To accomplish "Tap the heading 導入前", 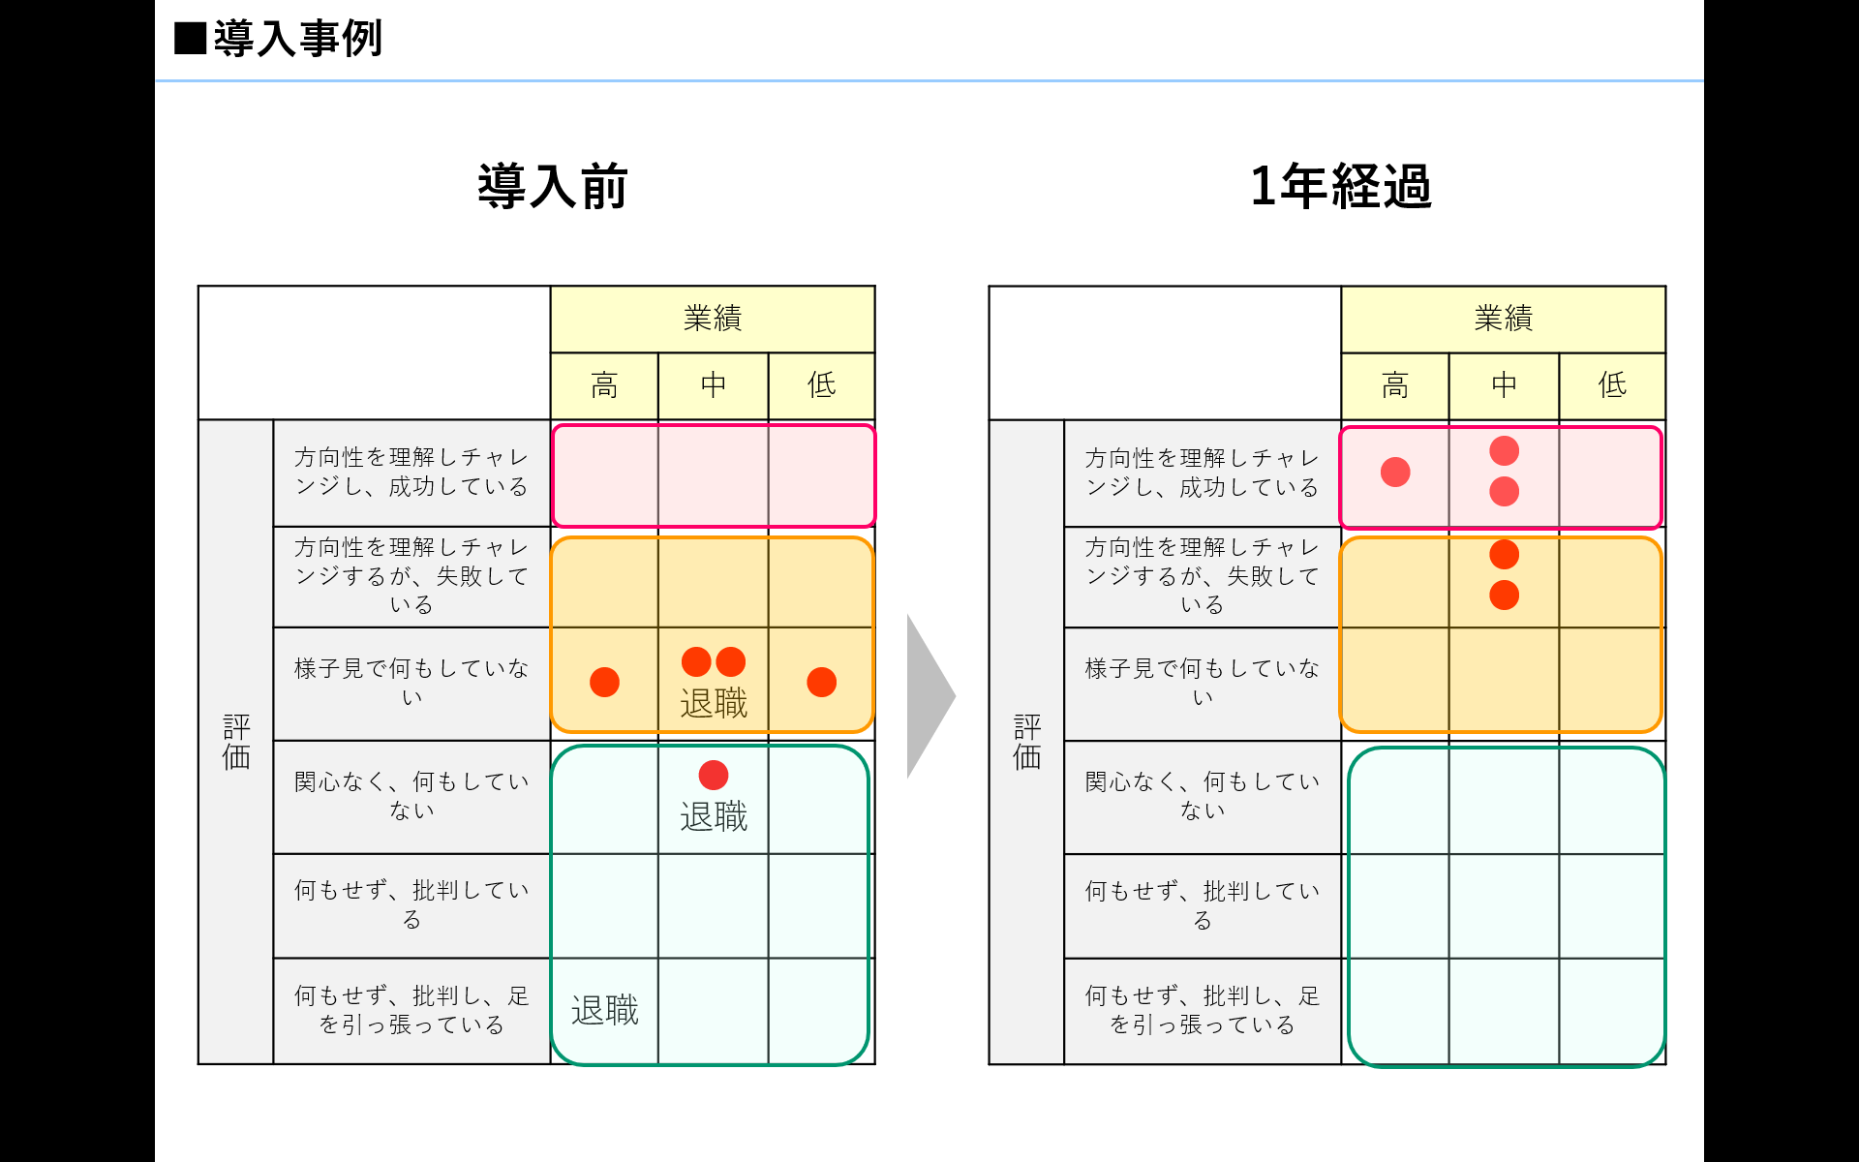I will click(553, 186).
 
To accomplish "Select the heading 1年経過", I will click(1340, 186).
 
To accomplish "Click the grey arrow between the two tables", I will click(929, 695).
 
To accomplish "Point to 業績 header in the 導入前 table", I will click(713, 319).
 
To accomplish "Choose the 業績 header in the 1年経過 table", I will click(1503, 319).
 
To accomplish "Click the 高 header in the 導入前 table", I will click(604, 385).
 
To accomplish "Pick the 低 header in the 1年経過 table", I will click(1612, 385).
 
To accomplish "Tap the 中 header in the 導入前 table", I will click(714, 385).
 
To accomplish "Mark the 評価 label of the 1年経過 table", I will click(1026, 742).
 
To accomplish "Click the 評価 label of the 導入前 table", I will click(236, 742).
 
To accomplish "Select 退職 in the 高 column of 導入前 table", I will click(604, 1011).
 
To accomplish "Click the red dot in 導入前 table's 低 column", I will click(821, 682).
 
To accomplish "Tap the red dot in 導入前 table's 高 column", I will click(604, 682).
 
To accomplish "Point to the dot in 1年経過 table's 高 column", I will click(1395, 473).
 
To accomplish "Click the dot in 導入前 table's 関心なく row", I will click(714, 775).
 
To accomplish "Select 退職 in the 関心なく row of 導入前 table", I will click(714, 817).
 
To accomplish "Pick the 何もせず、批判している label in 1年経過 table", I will click(1202, 904).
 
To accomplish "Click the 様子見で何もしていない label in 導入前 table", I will click(411, 682).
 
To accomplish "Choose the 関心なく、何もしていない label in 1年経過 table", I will click(1202, 795).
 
